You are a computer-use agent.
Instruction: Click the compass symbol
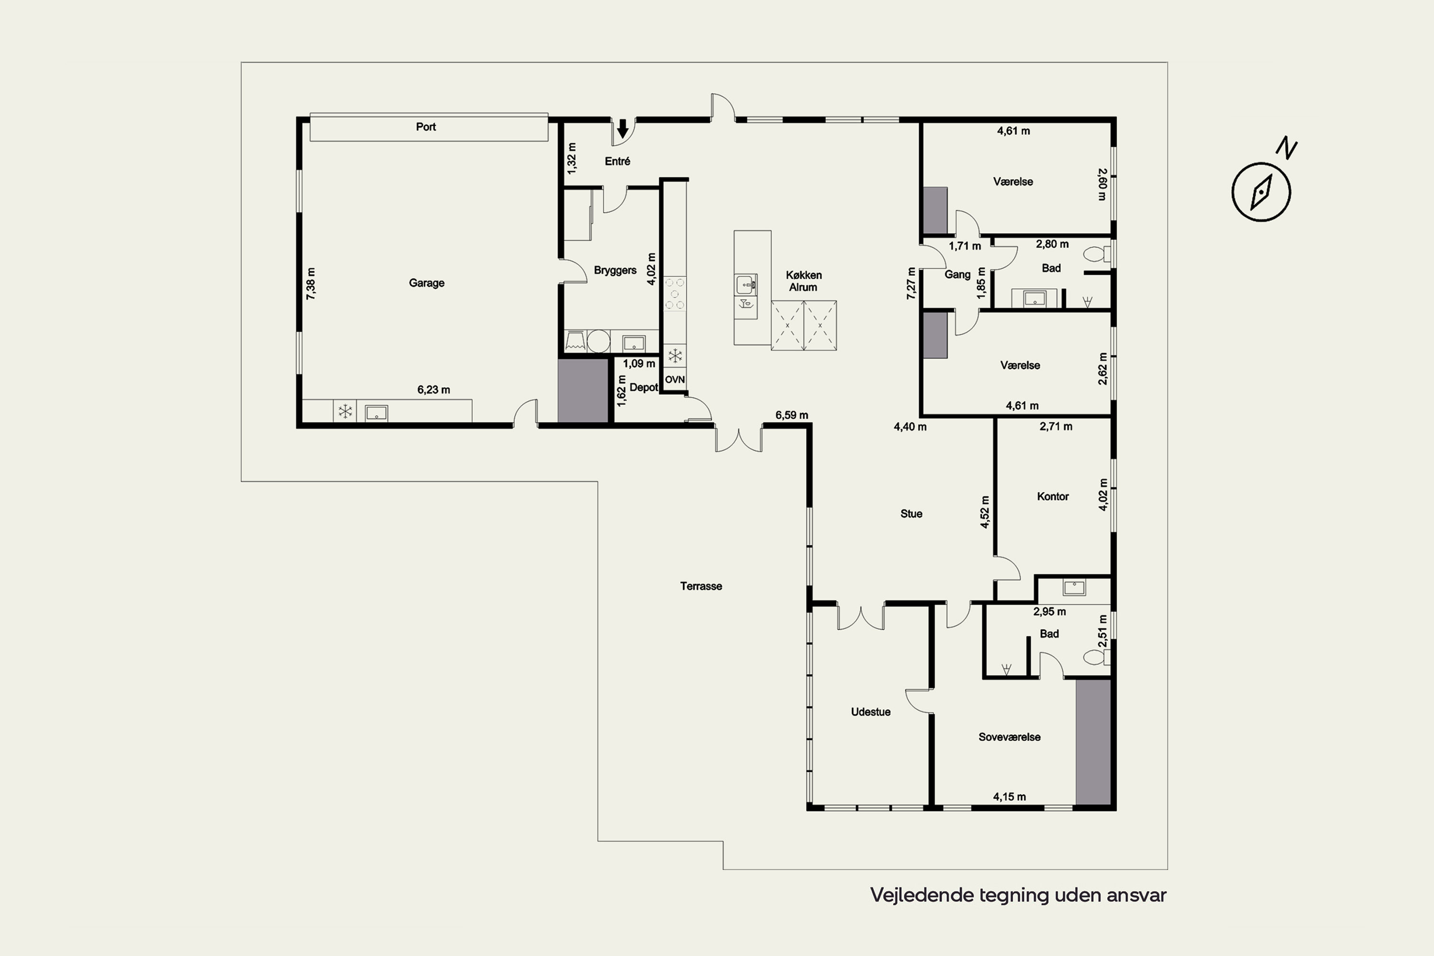click(x=1261, y=192)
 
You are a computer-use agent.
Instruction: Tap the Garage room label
click(x=426, y=283)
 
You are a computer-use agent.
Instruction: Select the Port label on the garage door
click(x=425, y=127)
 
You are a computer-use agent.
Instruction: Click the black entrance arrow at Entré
click(x=622, y=129)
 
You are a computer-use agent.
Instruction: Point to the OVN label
click(x=674, y=379)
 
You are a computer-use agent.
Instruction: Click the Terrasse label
click(x=701, y=586)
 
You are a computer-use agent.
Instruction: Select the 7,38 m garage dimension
click(x=311, y=283)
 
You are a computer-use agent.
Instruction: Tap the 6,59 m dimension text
click(x=792, y=415)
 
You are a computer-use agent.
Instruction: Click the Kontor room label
click(x=1053, y=496)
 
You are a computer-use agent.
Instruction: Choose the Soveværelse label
click(x=1009, y=737)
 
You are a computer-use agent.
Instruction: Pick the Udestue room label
click(x=870, y=712)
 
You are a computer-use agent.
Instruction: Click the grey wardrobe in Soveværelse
click(x=1093, y=741)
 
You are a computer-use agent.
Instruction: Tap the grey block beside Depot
click(x=583, y=390)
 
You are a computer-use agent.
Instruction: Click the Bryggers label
click(x=615, y=270)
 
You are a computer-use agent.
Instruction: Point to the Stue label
click(x=911, y=513)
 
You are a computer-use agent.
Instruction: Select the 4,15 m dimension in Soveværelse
click(x=1009, y=796)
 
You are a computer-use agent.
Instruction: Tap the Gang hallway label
click(x=957, y=274)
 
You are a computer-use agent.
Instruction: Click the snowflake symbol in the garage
click(x=345, y=412)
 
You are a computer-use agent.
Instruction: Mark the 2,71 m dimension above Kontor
click(x=1055, y=426)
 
